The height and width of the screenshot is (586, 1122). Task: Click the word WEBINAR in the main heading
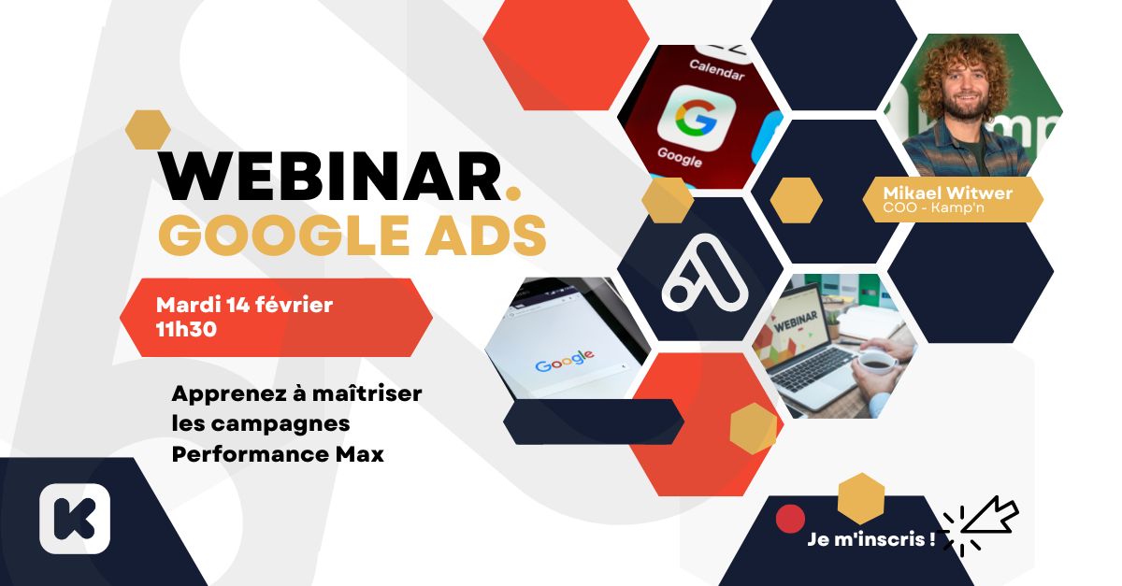pos(330,177)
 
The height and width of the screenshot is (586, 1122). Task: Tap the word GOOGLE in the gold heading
pos(284,236)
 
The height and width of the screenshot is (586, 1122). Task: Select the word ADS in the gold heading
pos(486,236)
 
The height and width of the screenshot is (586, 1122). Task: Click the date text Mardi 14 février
pos(244,305)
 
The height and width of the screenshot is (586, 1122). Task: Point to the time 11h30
pos(186,330)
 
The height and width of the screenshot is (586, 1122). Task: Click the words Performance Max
pos(278,454)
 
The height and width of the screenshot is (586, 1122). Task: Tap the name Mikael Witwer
pos(948,193)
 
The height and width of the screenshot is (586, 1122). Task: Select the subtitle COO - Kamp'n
pos(934,207)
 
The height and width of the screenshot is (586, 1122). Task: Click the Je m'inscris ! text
pos(871,539)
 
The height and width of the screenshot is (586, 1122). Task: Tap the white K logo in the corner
pos(75,519)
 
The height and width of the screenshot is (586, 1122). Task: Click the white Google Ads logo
pos(704,273)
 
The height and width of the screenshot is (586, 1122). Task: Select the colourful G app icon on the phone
pos(697,118)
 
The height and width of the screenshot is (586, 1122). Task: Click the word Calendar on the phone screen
pos(717,70)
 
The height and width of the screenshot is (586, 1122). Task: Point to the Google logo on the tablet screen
pos(565,361)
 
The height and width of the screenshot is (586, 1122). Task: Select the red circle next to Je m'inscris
pos(790,519)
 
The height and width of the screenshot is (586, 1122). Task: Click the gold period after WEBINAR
pos(513,192)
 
